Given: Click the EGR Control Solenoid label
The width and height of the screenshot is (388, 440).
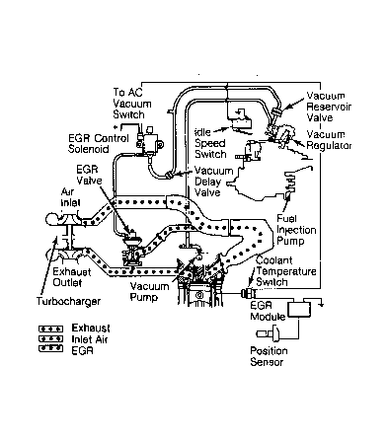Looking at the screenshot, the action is (99, 143).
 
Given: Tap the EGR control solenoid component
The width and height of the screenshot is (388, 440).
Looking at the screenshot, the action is (149, 140).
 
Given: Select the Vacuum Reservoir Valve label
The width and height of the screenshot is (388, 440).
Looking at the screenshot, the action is (329, 107).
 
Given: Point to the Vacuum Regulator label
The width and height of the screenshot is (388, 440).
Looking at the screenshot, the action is (329, 140).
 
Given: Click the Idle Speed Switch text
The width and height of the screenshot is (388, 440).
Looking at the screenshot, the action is (210, 143).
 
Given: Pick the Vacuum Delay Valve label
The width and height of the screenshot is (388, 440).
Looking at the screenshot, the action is (213, 182).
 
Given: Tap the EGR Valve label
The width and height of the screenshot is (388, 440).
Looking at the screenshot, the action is (89, 175).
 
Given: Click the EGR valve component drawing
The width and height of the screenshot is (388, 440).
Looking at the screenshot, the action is (132, 248).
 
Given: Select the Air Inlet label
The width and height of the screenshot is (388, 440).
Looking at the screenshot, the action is (70, 197).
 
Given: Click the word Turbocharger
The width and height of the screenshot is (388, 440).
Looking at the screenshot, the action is (68, 301).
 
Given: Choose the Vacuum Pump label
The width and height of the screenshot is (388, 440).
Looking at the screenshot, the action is (149, 291).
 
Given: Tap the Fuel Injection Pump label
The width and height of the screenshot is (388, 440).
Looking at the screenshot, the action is (296, 230).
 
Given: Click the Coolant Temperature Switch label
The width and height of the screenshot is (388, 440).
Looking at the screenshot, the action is (286, 271).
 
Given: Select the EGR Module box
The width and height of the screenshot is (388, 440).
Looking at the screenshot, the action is (299, 309).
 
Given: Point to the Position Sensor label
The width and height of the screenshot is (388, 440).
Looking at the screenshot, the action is (269, 356).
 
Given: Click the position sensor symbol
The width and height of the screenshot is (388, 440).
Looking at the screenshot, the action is (268, 333).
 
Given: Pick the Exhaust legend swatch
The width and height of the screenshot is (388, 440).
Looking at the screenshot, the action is (50, 329).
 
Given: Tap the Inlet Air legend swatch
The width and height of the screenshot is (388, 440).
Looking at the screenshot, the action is (50, 338).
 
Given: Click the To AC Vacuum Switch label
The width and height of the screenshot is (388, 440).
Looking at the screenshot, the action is (132, 104).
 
